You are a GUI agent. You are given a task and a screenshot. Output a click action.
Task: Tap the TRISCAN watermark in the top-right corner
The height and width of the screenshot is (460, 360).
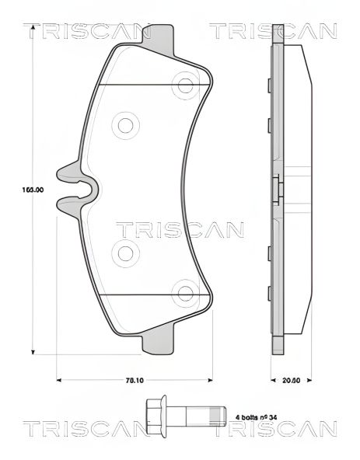coord(273,31)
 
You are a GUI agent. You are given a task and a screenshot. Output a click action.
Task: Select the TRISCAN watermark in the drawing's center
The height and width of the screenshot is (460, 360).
coord(180,229)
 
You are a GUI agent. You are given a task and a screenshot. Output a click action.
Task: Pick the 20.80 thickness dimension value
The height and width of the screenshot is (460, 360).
coord(291,381)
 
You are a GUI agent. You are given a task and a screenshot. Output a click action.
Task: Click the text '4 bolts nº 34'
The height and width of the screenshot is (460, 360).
coord(257,416)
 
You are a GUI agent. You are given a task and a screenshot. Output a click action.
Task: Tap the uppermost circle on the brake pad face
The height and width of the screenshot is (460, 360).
coord(185,83)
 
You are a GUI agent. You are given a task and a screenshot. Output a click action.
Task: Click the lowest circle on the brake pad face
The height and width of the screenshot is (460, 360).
coord(185,294)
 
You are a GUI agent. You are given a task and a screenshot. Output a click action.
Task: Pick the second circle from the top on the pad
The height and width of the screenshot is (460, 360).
coord(124,124)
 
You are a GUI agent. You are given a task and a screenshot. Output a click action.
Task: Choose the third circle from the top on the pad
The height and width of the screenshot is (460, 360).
coord(124,251)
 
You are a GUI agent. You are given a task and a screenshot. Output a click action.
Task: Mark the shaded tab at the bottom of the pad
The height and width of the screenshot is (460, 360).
coord(159,342)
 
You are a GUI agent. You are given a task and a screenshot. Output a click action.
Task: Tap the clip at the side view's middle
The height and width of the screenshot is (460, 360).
coord(278,189)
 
